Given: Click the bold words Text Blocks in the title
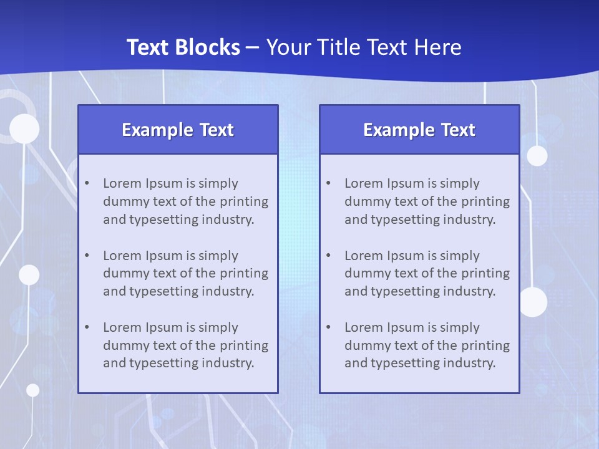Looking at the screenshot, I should (183, 47).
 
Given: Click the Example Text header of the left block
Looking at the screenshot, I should (178, 130).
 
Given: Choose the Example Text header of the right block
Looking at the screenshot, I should (419, 130).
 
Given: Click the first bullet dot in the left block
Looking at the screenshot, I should (87, 183).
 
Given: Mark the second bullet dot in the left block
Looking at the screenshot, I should (87, 256).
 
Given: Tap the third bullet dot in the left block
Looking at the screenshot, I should (87, 327).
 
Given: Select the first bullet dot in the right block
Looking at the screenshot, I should (329, 183).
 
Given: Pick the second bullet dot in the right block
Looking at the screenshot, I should (329, 256).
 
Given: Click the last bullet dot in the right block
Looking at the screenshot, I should (329, 327).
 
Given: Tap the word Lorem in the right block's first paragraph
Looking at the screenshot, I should (364, 183).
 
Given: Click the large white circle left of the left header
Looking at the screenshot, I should (24, 129).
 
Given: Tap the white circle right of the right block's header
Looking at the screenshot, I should (537, 155).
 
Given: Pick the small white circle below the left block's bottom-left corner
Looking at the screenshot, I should (32, 390).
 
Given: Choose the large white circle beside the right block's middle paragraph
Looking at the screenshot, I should (533, 302).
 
